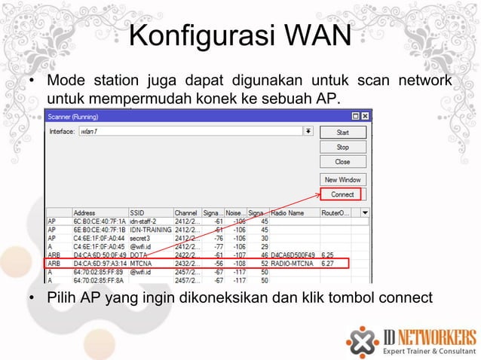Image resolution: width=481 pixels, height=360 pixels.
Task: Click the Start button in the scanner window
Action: click(342, 132)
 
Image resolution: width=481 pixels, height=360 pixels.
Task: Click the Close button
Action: click(342, 162)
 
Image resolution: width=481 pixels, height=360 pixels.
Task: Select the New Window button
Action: click(342, 180)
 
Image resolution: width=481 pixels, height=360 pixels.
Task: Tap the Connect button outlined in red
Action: click(342, 194)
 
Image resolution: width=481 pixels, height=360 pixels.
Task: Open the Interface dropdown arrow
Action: click(308, 131)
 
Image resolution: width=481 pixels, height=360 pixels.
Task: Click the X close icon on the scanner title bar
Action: click(366, 116)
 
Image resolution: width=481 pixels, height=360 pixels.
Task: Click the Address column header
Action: click(84, 212)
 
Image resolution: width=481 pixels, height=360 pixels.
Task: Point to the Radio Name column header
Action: click(287, 212)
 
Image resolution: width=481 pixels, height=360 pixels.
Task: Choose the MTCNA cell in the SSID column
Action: click(142, 264)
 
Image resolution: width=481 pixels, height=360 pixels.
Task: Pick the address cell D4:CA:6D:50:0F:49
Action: click(100, 255)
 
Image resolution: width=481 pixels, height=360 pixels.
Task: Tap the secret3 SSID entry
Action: click(140, 238)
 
